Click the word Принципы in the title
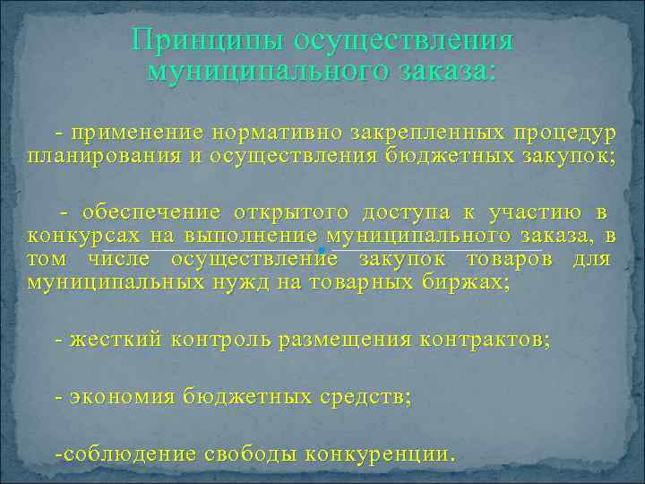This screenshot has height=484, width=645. (x=196, y=39)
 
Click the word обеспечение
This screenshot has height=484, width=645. (x=150, y=212)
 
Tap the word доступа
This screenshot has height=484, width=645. (x=406, y=212)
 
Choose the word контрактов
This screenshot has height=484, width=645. (x=485, y=341)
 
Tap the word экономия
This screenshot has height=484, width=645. (x=121, y=395)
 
